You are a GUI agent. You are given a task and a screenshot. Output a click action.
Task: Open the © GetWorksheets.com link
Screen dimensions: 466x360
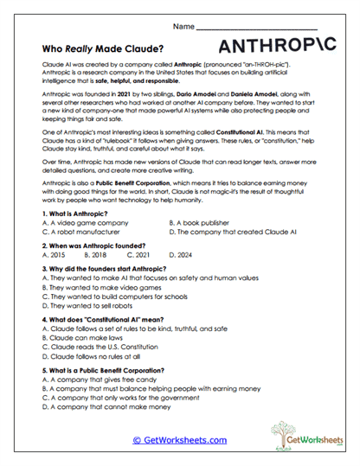[x=179, y=439]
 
